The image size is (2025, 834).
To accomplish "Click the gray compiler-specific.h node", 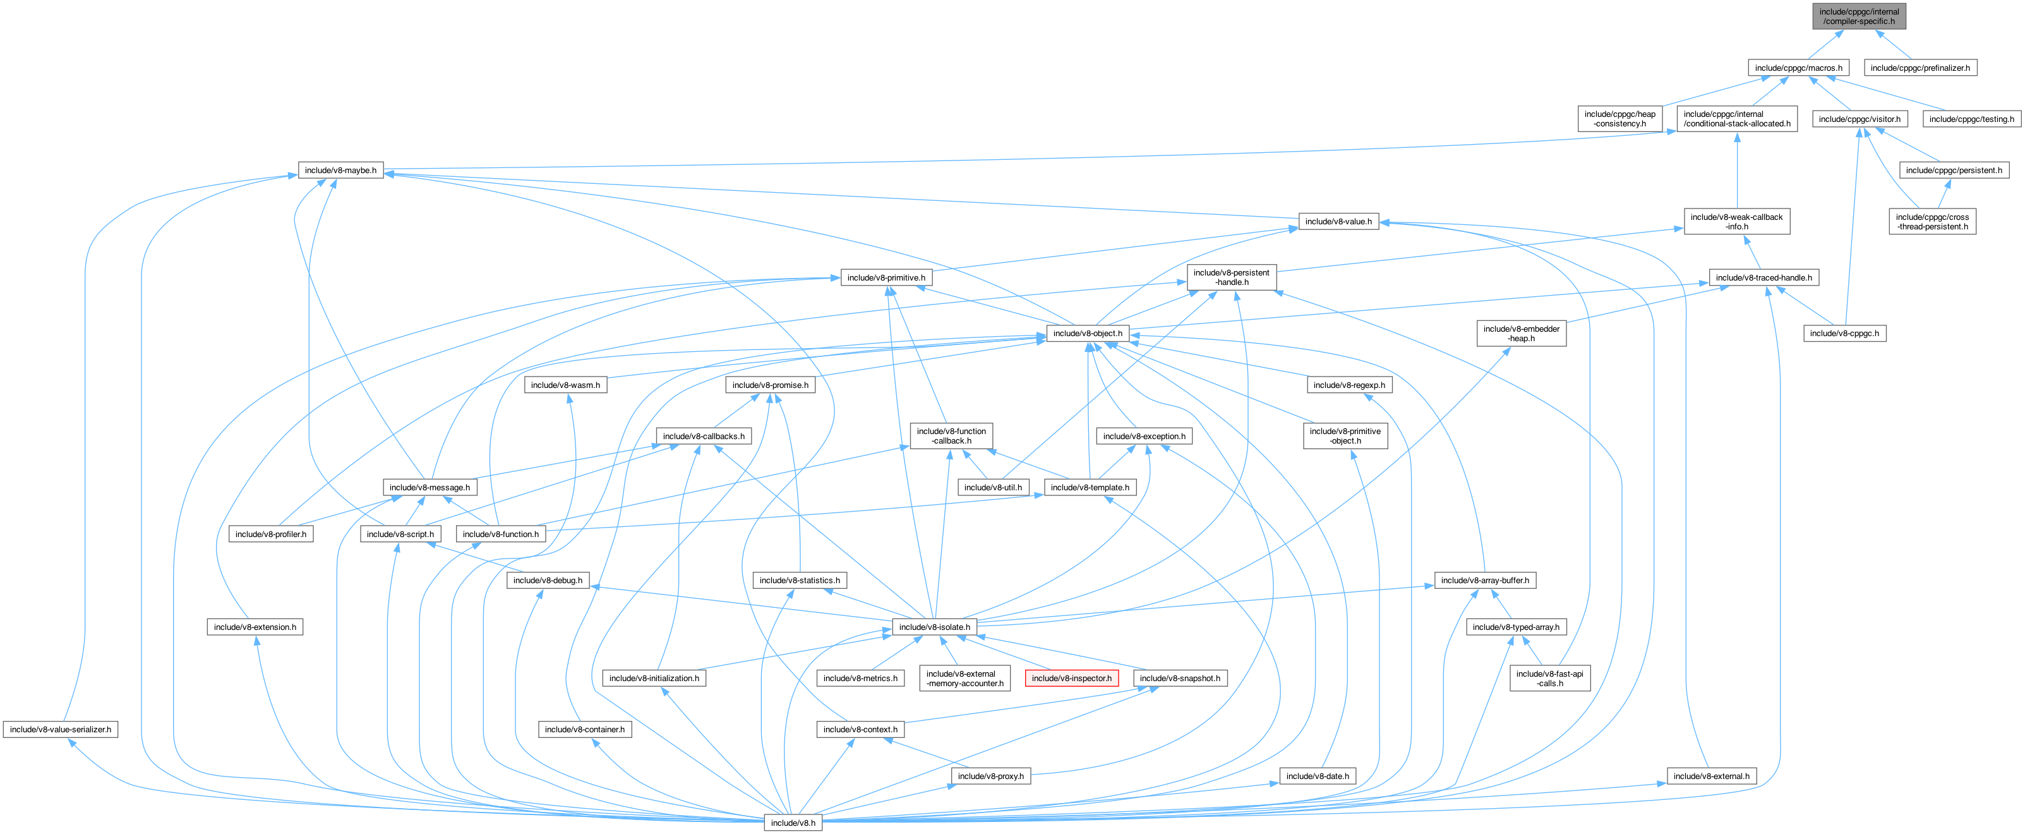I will pos(1858,16).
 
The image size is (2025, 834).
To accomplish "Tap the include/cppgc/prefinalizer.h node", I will pos(1920,68).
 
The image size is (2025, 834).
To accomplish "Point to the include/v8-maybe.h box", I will pos(340,171).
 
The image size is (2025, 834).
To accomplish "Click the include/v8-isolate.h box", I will pos(935,627).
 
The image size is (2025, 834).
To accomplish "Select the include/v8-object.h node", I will pos(1088,334).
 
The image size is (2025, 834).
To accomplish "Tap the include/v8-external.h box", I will pos(1711,776).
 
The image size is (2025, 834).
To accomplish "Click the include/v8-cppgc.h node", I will pos(1844,334).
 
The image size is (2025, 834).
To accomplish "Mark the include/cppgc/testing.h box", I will pos(1971,119).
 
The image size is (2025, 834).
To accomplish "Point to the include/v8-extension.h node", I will pos(255,627).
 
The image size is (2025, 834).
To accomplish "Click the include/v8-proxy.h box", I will pos(990,776).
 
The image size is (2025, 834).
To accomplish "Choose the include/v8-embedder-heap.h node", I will pos(1521,334).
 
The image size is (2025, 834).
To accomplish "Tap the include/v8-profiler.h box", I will pos(270,535).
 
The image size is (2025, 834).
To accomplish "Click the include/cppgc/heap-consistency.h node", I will pos(1619,119).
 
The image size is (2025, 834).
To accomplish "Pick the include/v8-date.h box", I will pos(1317,776).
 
